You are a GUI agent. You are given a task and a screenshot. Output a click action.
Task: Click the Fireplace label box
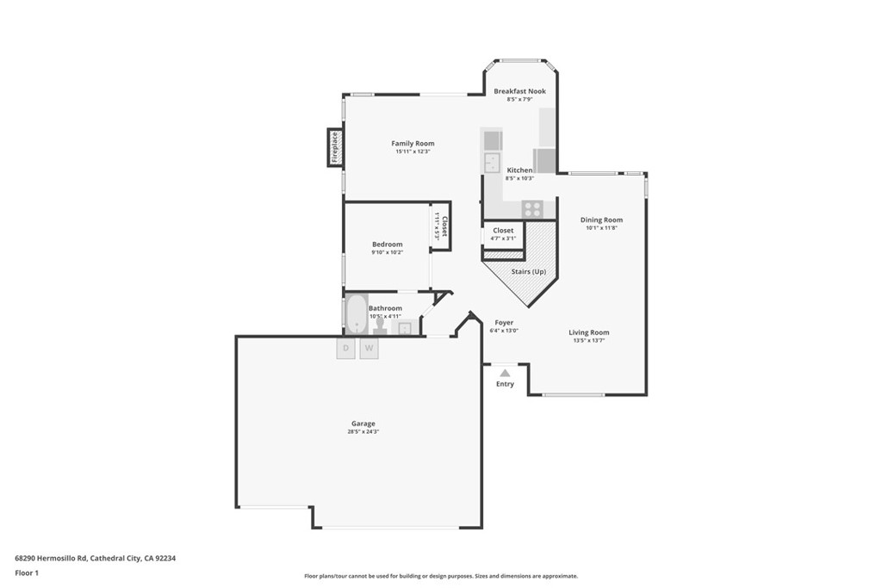pos(334,147)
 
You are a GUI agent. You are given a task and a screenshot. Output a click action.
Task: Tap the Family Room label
pos(413,144)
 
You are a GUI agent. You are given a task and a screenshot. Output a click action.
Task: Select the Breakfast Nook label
pos(519,91)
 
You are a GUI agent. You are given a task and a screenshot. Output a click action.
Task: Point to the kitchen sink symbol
pos(493,163)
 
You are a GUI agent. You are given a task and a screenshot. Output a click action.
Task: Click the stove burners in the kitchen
pos(532,208)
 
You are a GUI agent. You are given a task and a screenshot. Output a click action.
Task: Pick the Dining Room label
pos(601,220)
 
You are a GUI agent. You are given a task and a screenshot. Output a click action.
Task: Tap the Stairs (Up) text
pos(529,272)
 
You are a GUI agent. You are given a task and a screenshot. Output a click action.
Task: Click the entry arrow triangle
pos(505,373)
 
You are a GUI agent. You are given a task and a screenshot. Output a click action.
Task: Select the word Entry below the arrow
pos(505,384)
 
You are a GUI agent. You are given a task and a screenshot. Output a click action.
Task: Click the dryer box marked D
pos(345,348)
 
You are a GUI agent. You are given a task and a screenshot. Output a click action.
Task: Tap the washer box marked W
pos(370,348)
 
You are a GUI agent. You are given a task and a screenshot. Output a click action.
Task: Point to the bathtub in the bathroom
pos(356,314)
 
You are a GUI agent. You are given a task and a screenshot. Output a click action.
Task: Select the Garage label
pos(363,424)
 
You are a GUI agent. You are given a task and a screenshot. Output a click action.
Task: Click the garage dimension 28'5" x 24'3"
pos(363,431)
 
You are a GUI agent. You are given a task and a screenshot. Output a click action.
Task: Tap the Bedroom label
pos(387,244)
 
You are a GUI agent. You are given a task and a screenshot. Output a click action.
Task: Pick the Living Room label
pos(588,332)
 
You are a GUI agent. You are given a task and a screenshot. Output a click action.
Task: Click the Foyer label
pos(504,323)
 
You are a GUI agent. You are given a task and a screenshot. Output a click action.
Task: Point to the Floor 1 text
pos(27,573)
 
